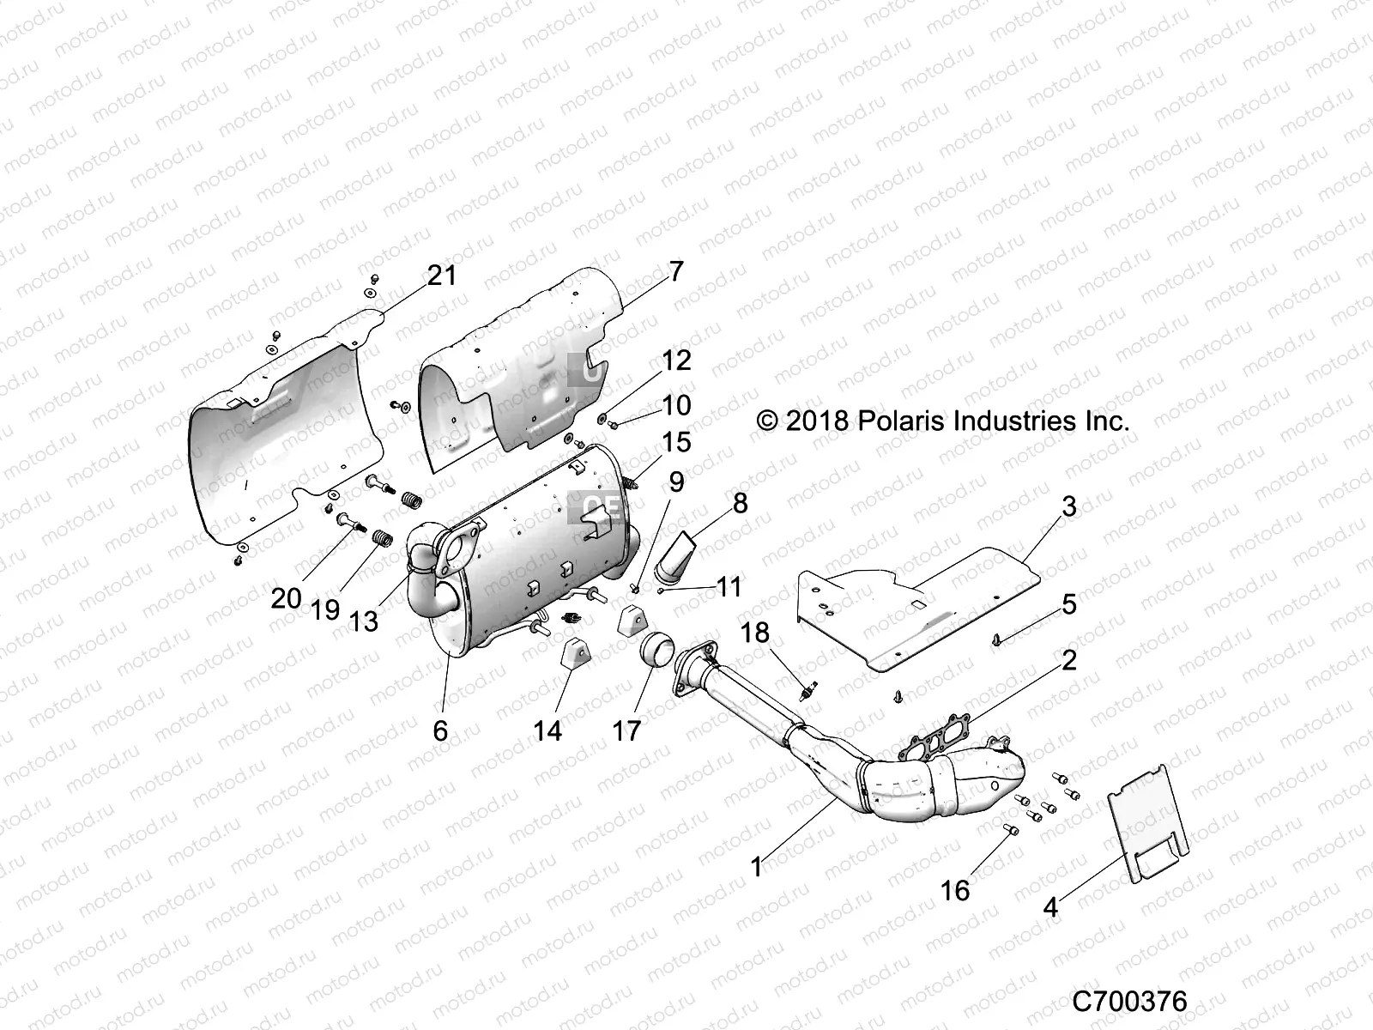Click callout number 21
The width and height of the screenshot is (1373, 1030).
click(x=442, y=276)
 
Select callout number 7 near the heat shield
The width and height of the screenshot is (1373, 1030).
click(x=676, y=272)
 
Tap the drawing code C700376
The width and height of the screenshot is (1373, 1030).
click(x=1129, y=1001)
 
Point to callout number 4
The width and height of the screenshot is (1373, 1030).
click(x=1050, y=906)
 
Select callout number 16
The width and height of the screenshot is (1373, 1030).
click(x=954, y=890)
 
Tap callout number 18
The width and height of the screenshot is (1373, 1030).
click(x=779, y=633)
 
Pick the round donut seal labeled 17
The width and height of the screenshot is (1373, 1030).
click(x=658, y=660)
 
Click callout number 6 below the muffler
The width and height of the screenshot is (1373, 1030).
click(x=440, y=730)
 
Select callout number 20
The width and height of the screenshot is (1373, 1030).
click(x=286, y=598)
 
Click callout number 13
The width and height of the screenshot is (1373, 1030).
click(x=364, y=621)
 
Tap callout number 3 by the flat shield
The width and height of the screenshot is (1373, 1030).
click(x=1068, y=506)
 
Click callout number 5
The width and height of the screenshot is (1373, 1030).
click(x=1068, y=604)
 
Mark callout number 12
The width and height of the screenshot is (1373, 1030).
click(x=676, y=360)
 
